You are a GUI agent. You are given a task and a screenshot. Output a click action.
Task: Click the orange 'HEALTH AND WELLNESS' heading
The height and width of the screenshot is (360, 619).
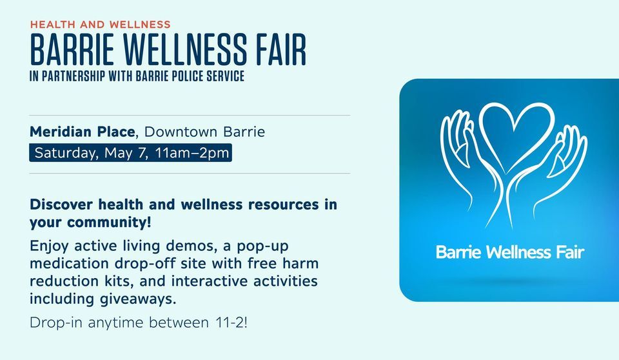pyautogui.click(x=101, y=25)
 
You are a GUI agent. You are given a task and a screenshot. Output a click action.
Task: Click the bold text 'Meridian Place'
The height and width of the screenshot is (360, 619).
pyautogui.click(x=82, y=132)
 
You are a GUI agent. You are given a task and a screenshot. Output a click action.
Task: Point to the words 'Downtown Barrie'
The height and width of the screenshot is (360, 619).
pyautogui.click(x=204, y=132)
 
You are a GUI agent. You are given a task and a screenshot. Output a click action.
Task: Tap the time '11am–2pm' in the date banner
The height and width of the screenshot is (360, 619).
pyautogui.click(x=192, y=152)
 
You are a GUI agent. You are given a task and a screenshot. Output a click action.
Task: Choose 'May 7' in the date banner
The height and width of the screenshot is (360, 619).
pyautogui.click(x=126, y=153)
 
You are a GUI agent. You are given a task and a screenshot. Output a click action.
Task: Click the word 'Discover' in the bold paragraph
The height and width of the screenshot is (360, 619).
pyautogui.click(x=61, y=205)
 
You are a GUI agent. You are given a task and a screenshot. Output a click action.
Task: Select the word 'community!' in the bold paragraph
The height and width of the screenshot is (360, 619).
pyautogui.click(x=109, y=223)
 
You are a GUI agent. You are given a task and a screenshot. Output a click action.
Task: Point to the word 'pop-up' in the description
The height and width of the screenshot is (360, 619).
pyautogui.click(x=262, y=246)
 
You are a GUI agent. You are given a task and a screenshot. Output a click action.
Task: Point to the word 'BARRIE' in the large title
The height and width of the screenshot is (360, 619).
pyautogui.click(x=72, y=50)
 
